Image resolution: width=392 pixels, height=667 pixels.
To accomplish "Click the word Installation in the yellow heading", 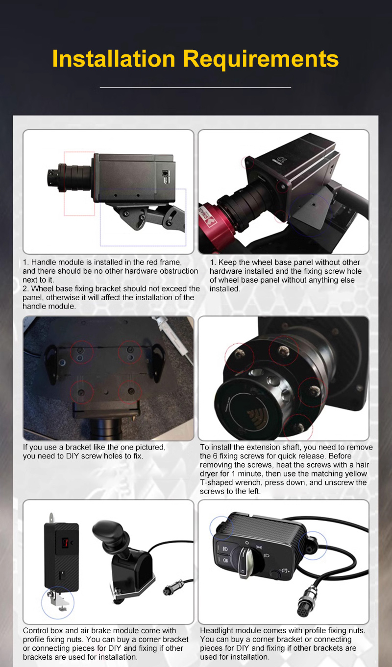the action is click(x=114, y=59).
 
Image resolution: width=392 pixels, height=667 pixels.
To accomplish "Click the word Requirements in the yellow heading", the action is click(x=261, y=59).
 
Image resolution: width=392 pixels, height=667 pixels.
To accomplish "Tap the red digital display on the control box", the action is click(x=65, y=543).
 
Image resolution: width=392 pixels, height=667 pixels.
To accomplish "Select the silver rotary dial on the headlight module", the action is click(x=249, y=561).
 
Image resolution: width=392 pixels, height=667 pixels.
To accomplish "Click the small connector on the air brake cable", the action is click(x=173, y=588).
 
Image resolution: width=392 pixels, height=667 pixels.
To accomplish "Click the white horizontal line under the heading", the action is click(x=195, y=88).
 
